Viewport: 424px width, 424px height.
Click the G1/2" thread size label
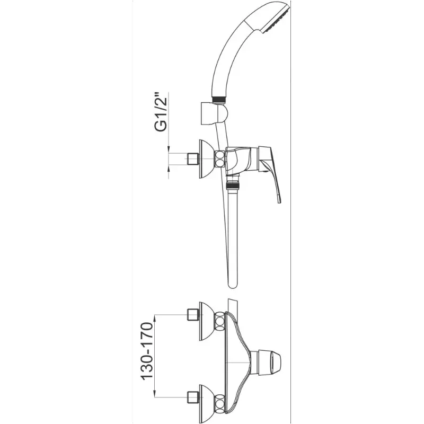point(161,115)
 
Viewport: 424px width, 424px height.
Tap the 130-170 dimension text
point(148,351)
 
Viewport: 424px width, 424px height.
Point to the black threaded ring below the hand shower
point(219,99)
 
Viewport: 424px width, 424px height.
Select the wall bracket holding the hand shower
point(214,113)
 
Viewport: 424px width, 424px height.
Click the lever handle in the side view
point(270,173)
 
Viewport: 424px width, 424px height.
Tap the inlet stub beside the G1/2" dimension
point(193,158)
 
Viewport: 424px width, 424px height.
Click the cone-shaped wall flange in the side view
point(207,159)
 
